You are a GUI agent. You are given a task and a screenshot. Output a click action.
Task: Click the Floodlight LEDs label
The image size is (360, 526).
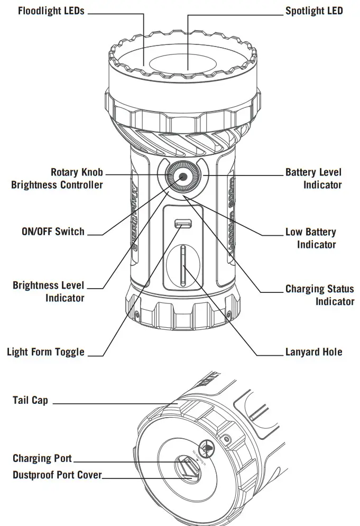51,11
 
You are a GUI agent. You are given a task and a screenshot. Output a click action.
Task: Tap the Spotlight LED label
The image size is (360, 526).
314,11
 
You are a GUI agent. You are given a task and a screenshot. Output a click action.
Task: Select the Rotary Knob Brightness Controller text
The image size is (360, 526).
57,179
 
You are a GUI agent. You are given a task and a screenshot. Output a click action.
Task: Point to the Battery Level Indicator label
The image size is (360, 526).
313,179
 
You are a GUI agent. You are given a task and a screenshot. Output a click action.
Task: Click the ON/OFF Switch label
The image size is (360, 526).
52,232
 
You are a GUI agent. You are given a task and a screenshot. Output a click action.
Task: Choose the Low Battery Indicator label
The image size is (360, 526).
310,238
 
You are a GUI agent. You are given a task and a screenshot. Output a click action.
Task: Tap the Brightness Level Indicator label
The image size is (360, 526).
48,292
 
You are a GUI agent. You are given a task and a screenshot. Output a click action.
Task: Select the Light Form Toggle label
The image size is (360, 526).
45,352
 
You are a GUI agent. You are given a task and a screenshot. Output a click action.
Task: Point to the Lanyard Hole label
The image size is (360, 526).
313,352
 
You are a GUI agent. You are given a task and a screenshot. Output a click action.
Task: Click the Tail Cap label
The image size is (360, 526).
30,400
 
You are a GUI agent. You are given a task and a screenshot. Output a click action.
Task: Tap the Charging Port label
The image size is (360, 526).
42,458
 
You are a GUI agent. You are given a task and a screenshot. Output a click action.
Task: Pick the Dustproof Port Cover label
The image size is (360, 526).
57,475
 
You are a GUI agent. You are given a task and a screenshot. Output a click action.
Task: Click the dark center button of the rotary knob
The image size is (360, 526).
183,177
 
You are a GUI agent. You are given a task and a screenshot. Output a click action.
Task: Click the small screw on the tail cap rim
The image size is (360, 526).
227,439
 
